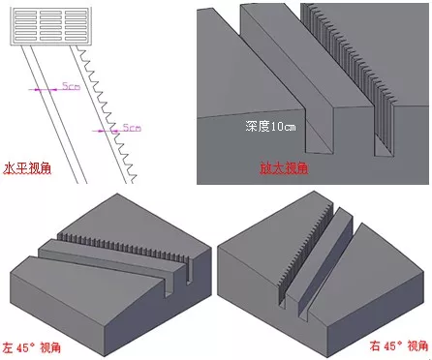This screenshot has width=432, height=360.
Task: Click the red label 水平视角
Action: point(27,169)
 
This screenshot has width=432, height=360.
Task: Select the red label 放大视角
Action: point(284,168)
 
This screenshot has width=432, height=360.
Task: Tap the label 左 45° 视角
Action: point(31,347)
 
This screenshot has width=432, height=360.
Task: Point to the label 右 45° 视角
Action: point(399,345)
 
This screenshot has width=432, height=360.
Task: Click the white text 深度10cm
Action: point(270,126)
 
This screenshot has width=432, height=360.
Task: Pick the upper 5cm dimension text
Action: point(71,86)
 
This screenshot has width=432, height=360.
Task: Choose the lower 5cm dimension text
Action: point(132,128)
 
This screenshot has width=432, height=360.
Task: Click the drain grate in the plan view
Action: point(50,26)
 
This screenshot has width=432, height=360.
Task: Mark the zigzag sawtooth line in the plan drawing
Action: point(107,113)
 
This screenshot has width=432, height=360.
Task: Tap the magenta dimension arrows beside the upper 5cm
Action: point(43,89)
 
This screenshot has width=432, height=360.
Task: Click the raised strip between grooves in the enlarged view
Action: point(307,58)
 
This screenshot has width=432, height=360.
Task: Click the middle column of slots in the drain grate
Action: point(50,26)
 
